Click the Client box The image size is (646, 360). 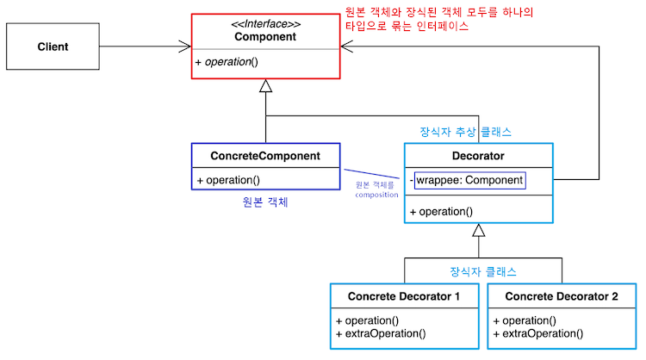point(53,47)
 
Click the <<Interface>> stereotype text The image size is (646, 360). point(266,23)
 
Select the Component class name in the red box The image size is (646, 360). point(266,37)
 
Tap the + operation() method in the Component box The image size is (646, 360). point(227,63)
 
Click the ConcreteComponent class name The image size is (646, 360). point(265,156)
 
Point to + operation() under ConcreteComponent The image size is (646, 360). point(228,180)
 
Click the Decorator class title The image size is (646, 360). point(478,156)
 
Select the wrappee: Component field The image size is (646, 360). point(469,180)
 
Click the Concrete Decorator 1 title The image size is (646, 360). point(403,296)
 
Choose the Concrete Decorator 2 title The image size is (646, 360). point(562,296)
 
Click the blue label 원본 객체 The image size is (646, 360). point(265,203)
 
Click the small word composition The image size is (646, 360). point(376,195)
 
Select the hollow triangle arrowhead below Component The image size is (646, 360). point(266,85)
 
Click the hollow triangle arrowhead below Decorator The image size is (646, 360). point(478,231)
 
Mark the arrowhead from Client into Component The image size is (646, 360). point(184,46)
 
